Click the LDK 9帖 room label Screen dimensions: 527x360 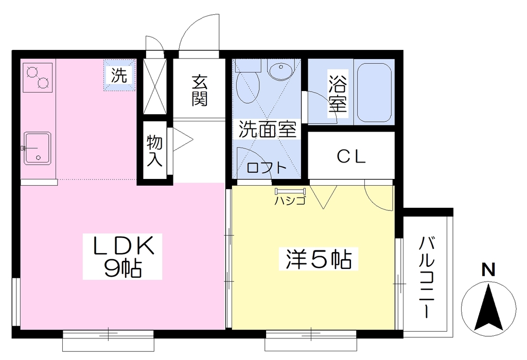(x=122, y=257)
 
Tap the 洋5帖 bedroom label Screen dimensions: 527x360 (x=318, y=259)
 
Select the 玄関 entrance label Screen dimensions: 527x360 (x=200, y=91)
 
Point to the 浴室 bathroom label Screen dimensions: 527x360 (x=338, y=94)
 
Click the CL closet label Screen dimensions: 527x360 (x=351, y=156)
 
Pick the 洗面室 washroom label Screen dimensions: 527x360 (x=268, y=129)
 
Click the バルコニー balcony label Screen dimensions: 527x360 (x=427, y=277)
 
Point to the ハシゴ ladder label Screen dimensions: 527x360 (x=290, y=201)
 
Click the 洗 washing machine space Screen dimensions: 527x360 (x=119, y=75)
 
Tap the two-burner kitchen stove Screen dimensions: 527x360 (x=38, y=78)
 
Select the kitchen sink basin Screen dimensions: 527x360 (x=37, y=149)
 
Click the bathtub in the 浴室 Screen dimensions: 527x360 (x=374, y=93)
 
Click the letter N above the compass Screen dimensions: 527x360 (x=488, y=269)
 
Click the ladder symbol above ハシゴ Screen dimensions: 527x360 (x=290, y=192)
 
